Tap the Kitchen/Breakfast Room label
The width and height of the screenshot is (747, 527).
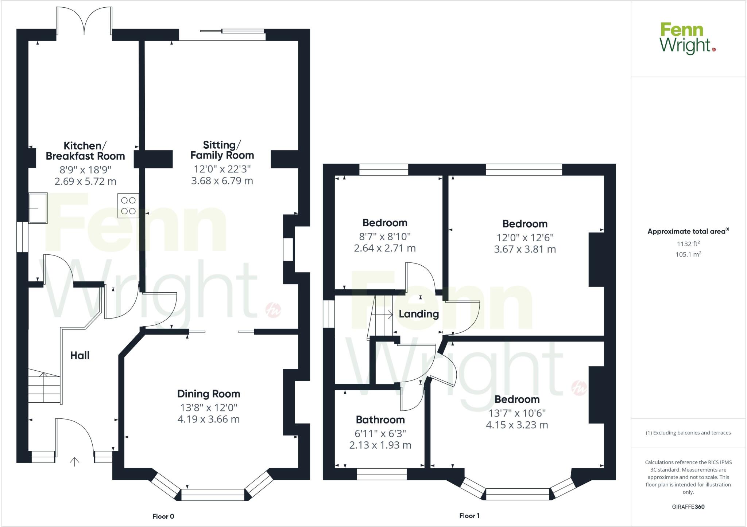coord(85,151)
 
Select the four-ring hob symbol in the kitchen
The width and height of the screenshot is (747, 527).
coord(128,206)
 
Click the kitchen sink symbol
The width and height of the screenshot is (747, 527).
coord(38,208)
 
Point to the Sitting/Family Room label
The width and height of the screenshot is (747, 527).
coord(222,150)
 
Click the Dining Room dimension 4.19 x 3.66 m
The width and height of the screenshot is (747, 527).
coord(208,419)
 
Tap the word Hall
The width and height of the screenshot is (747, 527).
coord(80,356)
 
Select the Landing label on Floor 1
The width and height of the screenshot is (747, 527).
coord(419,314)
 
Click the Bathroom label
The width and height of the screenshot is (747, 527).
coord(380,420)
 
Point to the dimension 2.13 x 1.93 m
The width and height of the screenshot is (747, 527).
coord(380,445)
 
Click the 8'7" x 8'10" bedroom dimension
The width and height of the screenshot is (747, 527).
coord(385,237)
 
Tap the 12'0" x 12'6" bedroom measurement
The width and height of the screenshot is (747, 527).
coord(525,238)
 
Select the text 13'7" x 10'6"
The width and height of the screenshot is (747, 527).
coord(517,413)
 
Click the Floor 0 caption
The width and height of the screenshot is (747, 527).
coord(163,516)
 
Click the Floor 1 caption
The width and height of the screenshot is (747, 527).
coord(469,516)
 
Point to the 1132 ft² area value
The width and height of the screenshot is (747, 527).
coord(688,244)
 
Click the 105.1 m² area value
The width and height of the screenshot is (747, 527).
coord(688,254)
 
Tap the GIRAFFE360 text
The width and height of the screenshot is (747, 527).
coord(688,507)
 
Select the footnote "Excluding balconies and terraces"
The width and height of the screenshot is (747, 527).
coord(688,433)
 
